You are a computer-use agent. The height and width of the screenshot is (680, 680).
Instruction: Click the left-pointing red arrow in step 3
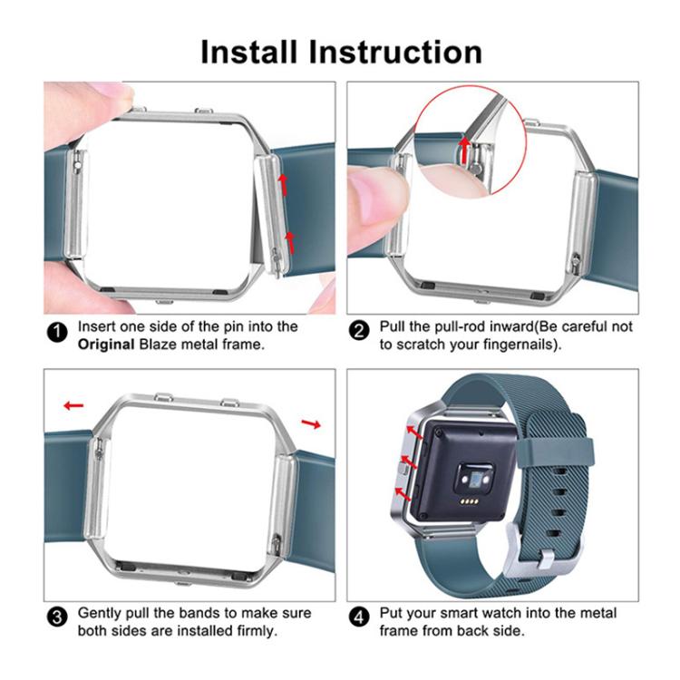[x=73, y=405]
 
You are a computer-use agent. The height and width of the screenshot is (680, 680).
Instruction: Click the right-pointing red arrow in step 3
[x=311, y=423]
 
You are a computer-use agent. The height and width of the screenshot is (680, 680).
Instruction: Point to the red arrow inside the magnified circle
[x=466, y=143]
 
